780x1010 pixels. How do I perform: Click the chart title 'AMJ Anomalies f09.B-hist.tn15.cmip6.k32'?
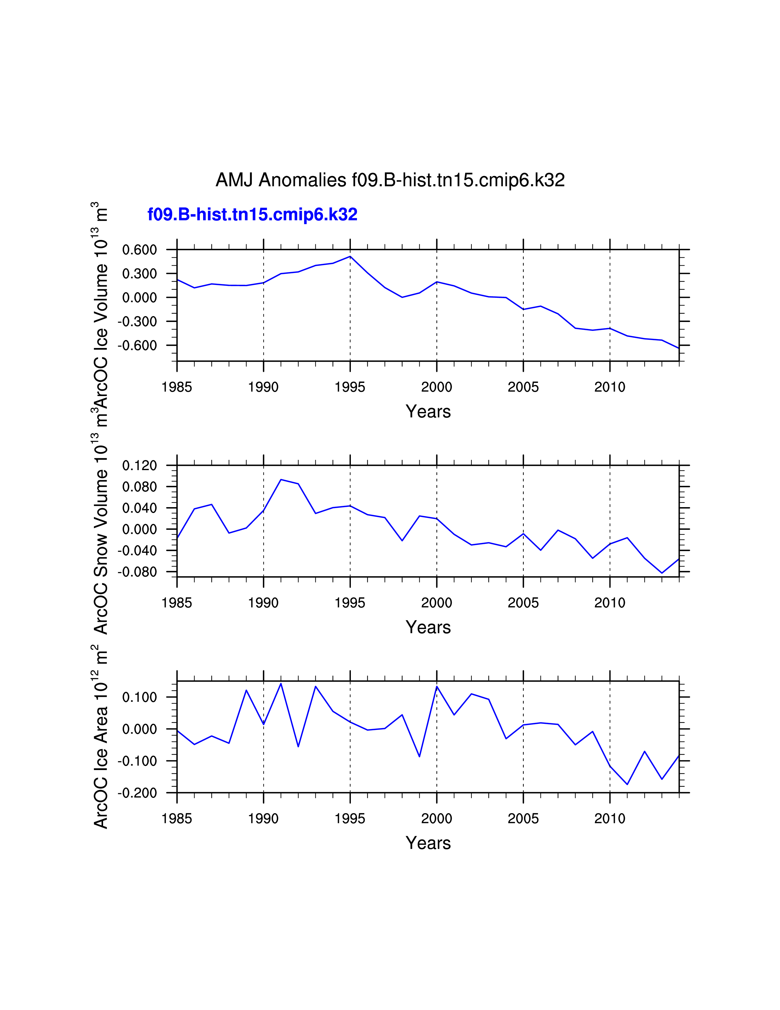click(390, 180)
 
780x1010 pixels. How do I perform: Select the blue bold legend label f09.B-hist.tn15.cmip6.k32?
click(252, 215)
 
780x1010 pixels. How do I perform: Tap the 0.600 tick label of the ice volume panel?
click(139, 250)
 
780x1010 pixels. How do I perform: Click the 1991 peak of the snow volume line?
click(281, 480)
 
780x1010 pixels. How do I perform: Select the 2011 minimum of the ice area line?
click(627, 784)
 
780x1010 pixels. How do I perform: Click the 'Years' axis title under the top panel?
click(428, 412)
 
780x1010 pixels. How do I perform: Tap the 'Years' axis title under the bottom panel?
click(428, 843)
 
